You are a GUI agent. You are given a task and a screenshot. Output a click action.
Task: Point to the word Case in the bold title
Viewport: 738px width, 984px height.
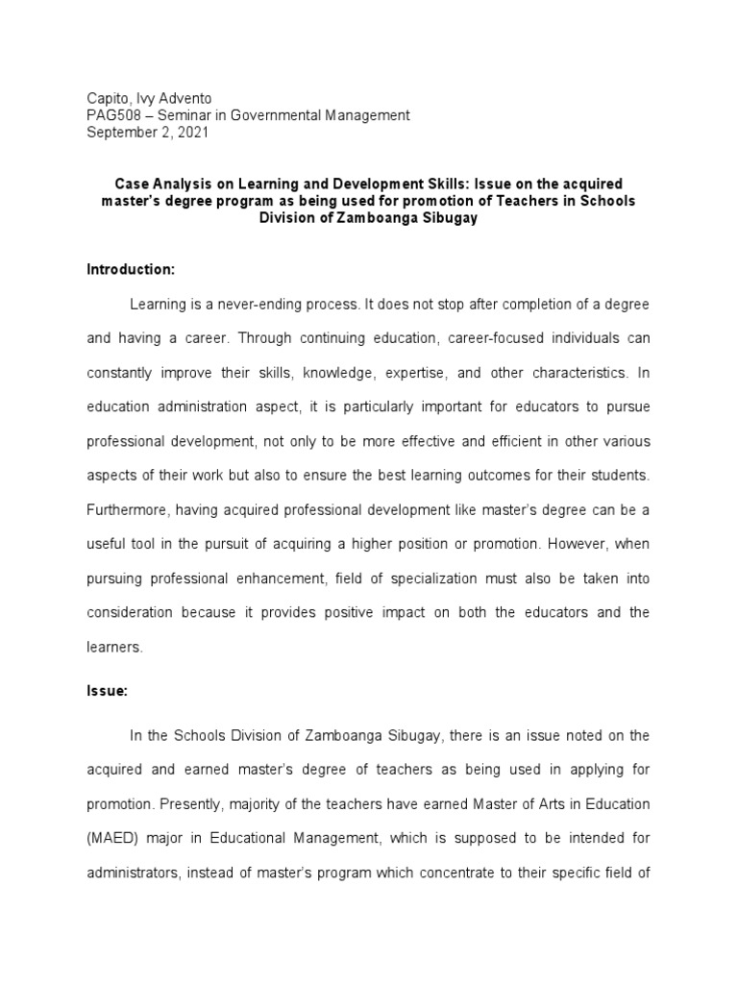133,183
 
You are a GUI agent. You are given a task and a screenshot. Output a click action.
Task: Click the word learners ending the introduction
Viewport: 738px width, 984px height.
114,647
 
